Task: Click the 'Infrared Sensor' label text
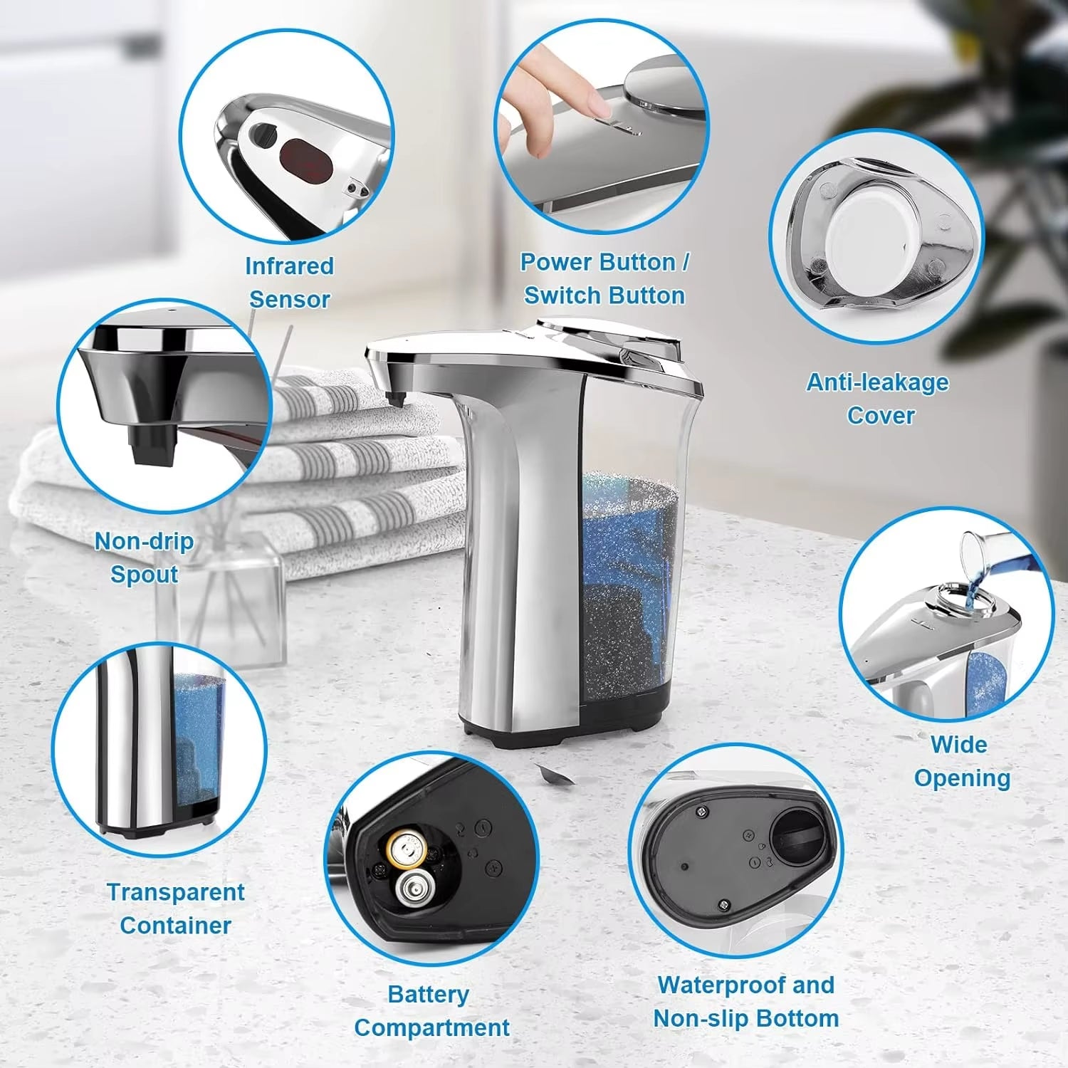[289, 283]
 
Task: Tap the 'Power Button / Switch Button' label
[604, 278]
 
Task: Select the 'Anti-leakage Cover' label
[878, 399]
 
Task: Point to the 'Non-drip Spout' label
[145, 557]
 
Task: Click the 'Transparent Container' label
[175, 909]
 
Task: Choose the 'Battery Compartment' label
[431, 1011]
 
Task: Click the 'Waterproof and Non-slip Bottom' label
[745, 1002]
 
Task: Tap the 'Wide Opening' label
[960, 761]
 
